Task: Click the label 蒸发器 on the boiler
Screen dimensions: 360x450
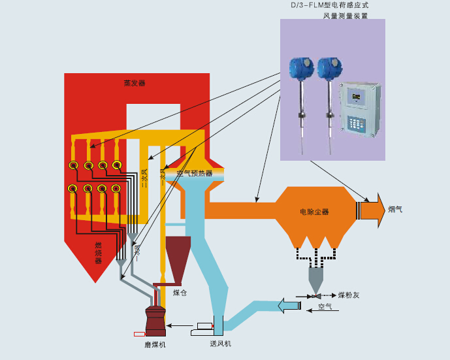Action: [135, 83]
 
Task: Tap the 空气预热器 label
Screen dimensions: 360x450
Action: [195, 173]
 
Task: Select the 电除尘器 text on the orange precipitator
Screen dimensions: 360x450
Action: [314, 212]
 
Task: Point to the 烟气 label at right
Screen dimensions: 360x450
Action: [395, 209]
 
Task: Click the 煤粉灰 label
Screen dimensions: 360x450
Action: [349, 295]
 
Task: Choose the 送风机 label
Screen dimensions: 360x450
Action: [220, 343]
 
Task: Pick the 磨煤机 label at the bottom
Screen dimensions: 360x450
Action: [155, 344]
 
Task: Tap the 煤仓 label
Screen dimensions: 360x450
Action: [180, 293]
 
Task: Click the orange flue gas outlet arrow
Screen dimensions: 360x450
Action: [371, 209]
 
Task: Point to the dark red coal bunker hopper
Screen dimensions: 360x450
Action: [178, 258]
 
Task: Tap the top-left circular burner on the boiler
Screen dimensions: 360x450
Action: [74, 165]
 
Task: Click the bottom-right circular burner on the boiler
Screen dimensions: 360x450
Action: [116, 189]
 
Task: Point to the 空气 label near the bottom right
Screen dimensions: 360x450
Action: [325, 306]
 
